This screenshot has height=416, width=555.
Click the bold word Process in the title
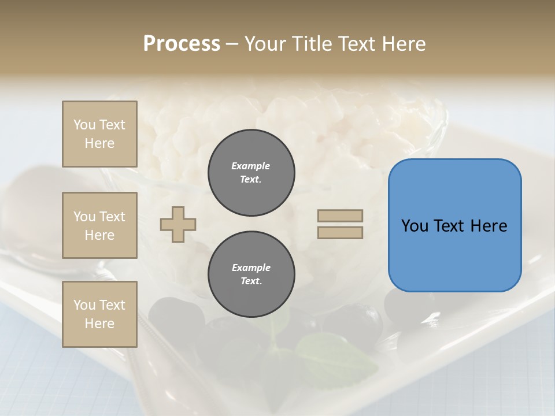(182, 44)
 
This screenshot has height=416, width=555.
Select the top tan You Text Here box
(99, 134)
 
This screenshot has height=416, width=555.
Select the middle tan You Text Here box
(99, 225)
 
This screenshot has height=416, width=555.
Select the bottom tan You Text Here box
(99, 314)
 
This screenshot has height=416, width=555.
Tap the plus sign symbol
(178, 224)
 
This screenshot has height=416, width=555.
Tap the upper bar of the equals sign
(340, 216)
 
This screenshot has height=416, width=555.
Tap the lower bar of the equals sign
(340, 233)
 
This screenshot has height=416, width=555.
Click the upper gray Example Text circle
(251, 173)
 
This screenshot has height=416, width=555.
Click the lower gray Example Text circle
(251, 274)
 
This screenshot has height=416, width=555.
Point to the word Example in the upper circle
(251, 166)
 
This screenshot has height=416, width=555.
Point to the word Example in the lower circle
(251, 268)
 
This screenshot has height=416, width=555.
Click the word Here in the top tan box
(99, 143)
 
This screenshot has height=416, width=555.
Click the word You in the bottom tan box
(84, 305)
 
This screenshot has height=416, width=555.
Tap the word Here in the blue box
(489, 226)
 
